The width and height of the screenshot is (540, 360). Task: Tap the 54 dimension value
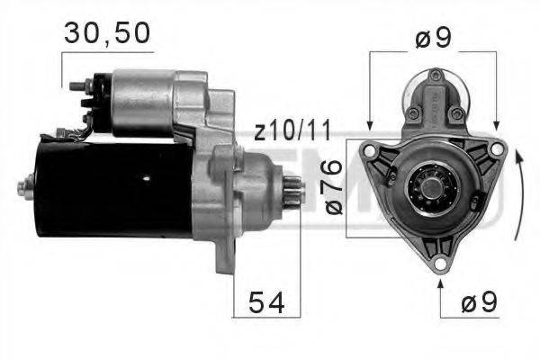(x=266, y=303)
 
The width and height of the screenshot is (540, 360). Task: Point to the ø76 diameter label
(x=331, y=187)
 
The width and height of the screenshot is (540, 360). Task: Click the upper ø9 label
(x=432, y=40)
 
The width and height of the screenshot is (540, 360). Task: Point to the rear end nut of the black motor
(x=22, y=189)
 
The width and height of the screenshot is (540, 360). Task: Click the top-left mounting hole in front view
(x=370, y=148)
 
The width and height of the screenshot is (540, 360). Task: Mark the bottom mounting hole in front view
(x=439, y=264)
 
